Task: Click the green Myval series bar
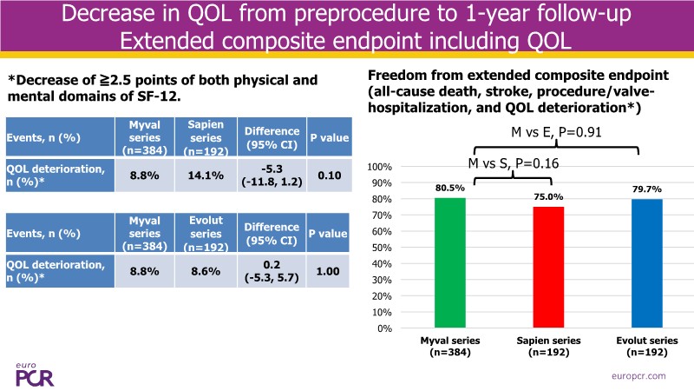450,263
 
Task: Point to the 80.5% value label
450,187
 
